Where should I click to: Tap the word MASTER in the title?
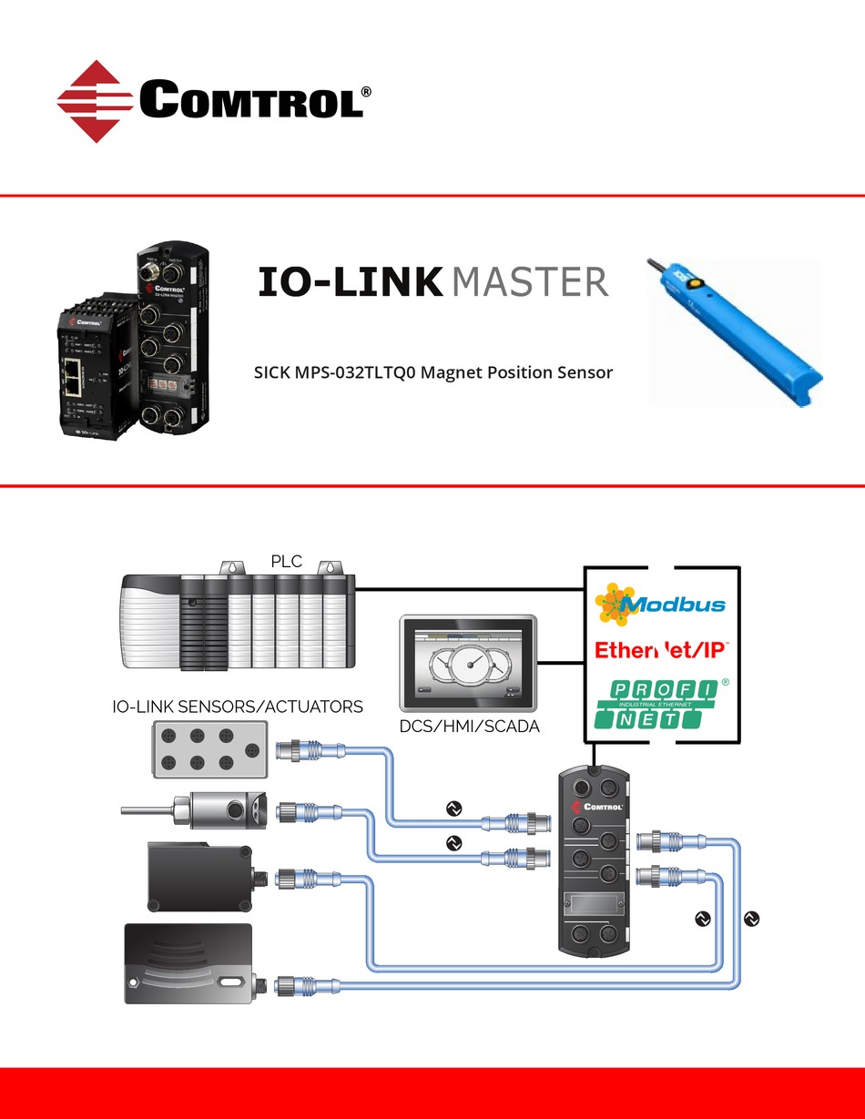point(529,282)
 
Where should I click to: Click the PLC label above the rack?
point(286,561)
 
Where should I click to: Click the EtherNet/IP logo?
point(660,650)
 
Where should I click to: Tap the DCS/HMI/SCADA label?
point(470,727)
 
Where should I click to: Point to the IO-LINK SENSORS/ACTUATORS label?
point(238,707)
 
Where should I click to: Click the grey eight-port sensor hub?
point(209,750)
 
